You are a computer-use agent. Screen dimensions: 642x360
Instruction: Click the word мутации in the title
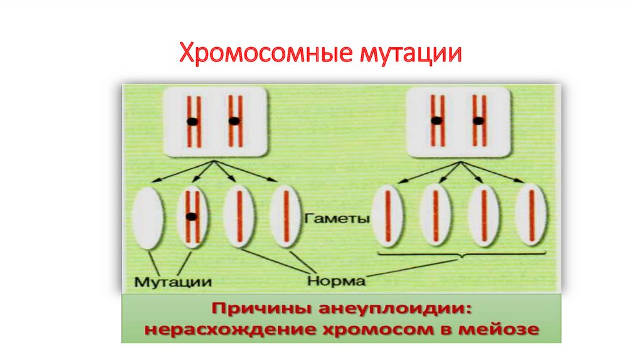pyautogui.click(x=410, y=53)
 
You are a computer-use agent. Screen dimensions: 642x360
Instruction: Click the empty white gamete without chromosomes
pyautogui.click(x=148, y=216)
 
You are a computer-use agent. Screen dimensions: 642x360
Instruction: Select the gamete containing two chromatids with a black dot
pyautogui.click(x=192, y=216)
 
